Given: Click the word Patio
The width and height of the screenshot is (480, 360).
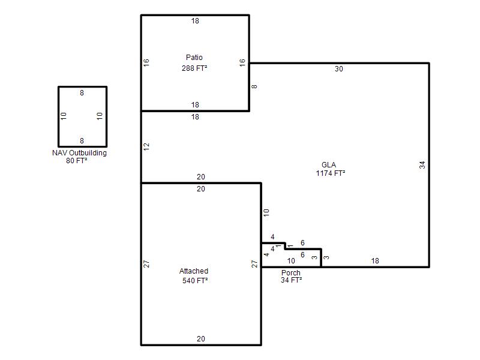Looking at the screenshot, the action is (194, 58).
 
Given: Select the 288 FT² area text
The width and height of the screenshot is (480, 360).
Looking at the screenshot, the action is (194, 68).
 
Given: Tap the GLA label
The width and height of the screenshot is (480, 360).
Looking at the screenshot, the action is (329, 165).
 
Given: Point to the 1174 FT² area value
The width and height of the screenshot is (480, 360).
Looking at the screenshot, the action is (331, 173).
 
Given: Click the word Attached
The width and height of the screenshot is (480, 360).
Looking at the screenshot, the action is (194, 271).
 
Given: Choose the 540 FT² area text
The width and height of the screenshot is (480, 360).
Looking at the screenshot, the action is (195, 281).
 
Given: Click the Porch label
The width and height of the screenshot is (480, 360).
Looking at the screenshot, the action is (291, 273).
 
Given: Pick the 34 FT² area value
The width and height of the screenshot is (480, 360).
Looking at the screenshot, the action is (292, 280).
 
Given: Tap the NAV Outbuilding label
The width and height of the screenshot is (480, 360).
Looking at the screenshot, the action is (80, 153).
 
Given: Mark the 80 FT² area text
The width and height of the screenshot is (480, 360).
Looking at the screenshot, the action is (77, 161).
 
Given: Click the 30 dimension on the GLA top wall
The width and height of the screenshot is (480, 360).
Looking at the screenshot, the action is (339, 69).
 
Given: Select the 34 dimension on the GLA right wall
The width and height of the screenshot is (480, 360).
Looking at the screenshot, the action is (422, 165).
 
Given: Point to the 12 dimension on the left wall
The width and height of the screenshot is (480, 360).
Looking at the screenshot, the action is (146, 146).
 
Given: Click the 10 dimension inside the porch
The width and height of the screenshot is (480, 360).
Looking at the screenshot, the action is (291, 261).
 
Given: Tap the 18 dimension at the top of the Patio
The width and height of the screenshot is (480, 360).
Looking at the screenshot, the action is (195, 21).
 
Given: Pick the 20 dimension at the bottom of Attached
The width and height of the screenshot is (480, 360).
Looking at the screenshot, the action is (201, 339).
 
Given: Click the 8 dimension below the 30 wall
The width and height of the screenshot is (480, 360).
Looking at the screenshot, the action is (254, 86).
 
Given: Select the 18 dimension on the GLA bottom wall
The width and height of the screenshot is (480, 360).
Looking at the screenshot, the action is (375, 261).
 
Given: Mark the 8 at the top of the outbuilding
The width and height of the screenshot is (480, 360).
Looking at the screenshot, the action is (82, 93).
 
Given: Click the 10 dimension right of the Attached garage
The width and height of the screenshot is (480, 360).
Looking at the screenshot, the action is (266, 213).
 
